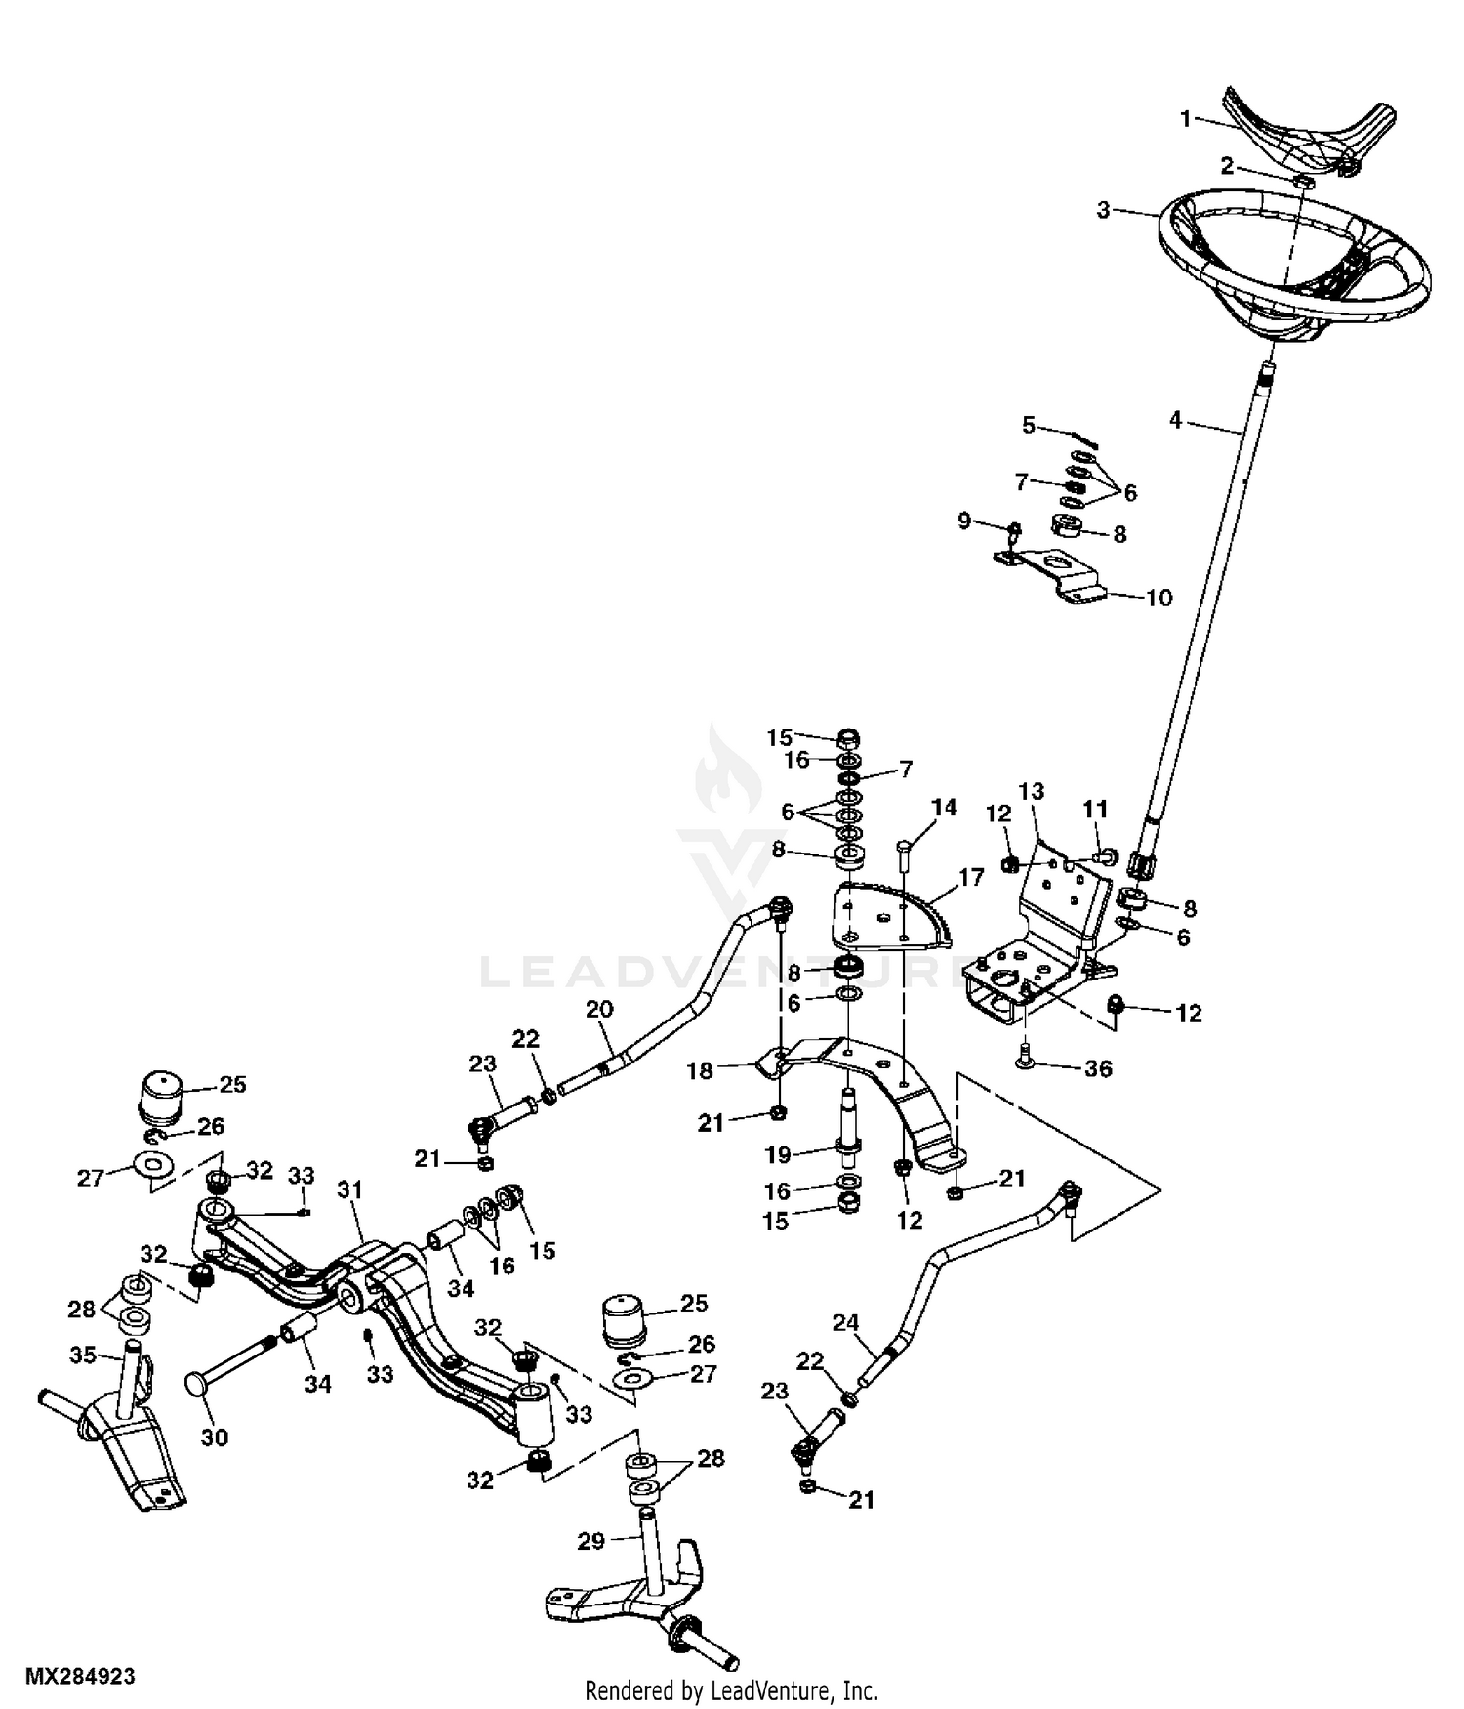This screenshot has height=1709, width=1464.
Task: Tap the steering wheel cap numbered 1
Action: (x=1298, y=127)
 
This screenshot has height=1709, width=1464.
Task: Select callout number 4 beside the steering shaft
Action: (x=1175, y=420)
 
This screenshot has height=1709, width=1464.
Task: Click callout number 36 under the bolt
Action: (x=1098, y=1068)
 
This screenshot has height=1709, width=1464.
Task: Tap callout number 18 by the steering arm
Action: (x=700, y=1070)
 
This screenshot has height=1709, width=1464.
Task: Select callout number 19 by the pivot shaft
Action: (x=778, y=1155)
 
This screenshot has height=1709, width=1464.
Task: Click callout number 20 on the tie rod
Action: (x=599, y=1009)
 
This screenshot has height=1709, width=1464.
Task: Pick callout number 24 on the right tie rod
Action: (x=845, y=1323)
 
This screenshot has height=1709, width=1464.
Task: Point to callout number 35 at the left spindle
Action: (x=82, y=1355)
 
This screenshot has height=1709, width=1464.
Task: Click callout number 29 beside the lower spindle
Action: (x=590, y=1541)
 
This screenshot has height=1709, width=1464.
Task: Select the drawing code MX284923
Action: (x=80, y=1677)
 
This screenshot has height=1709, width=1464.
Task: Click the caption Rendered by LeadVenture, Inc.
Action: (x=731, y=1690)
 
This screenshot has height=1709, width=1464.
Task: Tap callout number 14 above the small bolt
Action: (x=944, y=808)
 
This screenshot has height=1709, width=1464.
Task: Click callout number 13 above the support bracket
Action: (x=1032, y=791)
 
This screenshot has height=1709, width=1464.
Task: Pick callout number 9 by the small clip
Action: (x=964, y=521)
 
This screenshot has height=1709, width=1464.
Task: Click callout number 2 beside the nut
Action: (x=1227, y=167)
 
